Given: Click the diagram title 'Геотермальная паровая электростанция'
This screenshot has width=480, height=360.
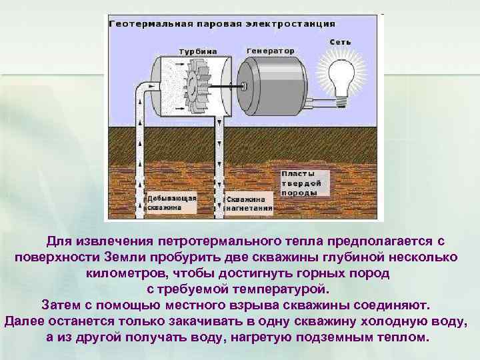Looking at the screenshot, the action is pos(221,23).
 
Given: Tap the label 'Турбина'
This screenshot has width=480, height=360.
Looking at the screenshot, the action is pos(197,51).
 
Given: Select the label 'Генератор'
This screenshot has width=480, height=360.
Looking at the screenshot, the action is pos(270,51).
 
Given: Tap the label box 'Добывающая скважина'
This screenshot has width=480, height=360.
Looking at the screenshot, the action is pos(172,203).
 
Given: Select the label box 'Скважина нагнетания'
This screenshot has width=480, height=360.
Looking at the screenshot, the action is pos(248,203).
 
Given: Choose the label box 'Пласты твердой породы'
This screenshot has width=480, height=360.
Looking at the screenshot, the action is pos(303,182).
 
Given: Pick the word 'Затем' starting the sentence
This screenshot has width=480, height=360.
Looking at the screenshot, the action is pos(63,305).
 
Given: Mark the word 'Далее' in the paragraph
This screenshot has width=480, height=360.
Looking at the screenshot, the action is pos(25,321).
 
